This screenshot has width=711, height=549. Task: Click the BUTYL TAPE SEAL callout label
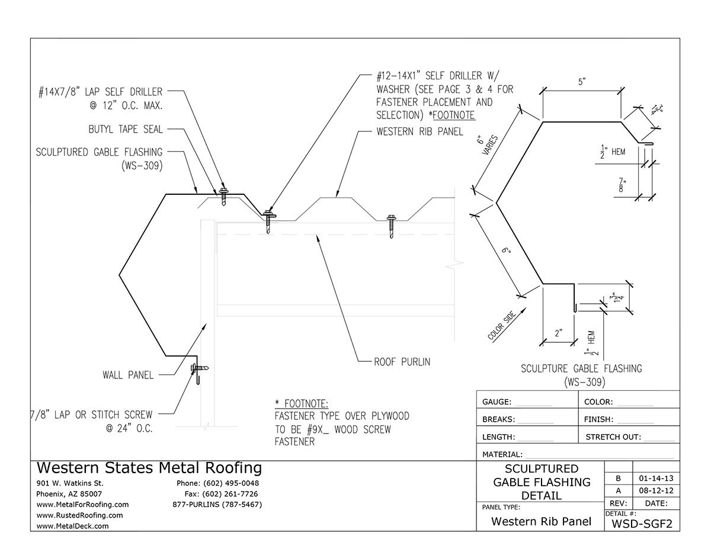(126, 130)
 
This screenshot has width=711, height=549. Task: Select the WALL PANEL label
(127, 374)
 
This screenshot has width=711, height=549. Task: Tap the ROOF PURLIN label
(402, 361)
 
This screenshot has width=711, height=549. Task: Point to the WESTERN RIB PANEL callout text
(419, 131)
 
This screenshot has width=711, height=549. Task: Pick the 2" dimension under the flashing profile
(558, 332)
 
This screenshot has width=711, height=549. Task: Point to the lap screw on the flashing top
(224, 195)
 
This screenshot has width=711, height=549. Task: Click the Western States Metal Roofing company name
(149, 468)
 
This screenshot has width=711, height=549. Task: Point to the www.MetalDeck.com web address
(72, 525)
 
